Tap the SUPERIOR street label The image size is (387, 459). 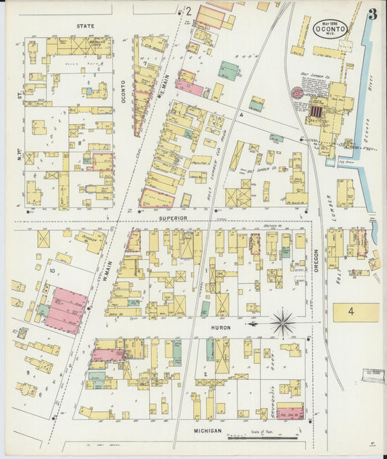tap(174, 217)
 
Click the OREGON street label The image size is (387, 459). tap(317, 256)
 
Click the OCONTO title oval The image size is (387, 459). tap(331, 28)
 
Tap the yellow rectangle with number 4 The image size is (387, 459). tap(356, 312)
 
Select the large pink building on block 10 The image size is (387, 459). tap(64, 310)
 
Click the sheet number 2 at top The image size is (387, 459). tap(187, 12)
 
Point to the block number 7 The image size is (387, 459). tap(146, 64)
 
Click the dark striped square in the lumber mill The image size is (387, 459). tap(317, 111)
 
